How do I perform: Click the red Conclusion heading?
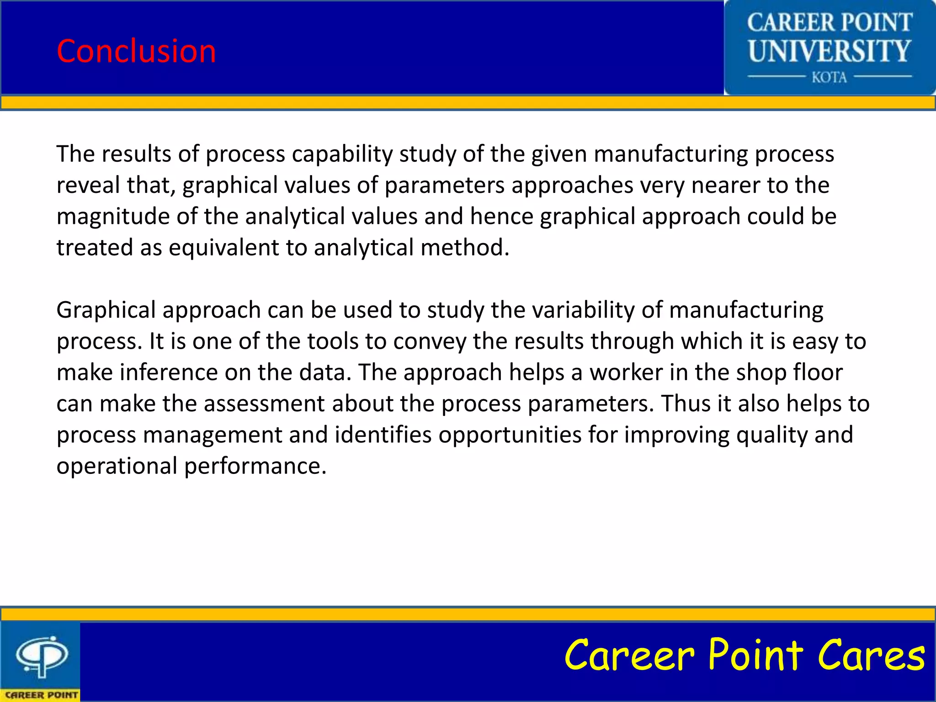[x=136, y=51]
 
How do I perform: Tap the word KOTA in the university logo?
[x=829, y=77]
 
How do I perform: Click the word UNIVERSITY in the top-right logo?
[x=830, y=51]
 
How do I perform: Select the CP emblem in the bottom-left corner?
[x=42, y=656]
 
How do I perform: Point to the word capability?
[x=342, y=154]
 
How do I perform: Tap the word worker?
[x=626, y=372]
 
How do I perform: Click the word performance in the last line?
[x=255, y=466]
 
